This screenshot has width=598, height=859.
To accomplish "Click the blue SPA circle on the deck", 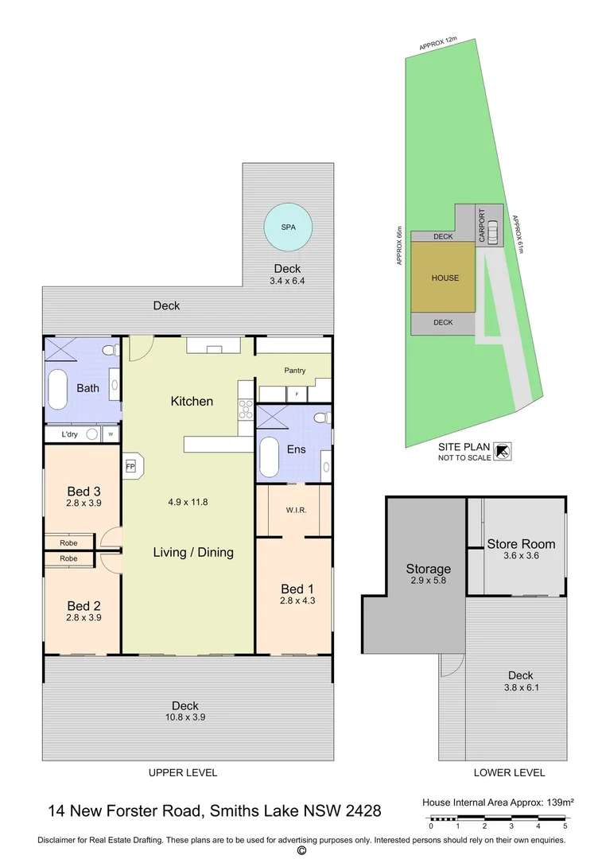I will pos(287,227).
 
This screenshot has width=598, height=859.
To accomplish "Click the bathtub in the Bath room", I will pos(58,389).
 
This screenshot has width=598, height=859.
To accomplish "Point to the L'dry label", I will pos(70,435).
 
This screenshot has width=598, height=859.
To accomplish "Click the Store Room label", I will pos(521,545).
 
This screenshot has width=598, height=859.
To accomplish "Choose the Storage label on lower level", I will pos(428,569).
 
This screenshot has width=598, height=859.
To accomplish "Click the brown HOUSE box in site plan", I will pos(445,278).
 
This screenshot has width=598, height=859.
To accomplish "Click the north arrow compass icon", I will pos(503,452).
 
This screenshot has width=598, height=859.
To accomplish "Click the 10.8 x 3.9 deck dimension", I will pos(184,717).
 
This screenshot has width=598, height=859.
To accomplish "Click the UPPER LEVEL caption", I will pos(183,772).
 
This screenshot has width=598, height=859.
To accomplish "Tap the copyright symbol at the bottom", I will pos(301,850).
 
